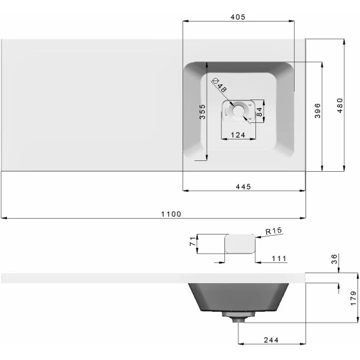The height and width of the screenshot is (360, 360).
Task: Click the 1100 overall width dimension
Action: pos(171,214)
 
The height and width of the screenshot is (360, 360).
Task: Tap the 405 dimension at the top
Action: pos(238,17)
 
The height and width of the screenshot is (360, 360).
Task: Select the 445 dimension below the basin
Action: pos(243,187)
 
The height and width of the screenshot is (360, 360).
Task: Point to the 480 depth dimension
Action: pos(340,105)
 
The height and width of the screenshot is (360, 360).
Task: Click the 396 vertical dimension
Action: pos(318,111)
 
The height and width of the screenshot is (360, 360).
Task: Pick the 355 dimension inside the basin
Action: pos(202,112)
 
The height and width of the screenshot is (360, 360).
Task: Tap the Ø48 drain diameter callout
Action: pos(219,85)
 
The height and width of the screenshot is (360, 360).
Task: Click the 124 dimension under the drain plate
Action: pos(238,135)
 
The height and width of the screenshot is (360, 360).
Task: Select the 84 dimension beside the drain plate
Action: pos(259,112)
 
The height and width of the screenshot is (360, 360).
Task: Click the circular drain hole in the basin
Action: pos(238,110)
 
